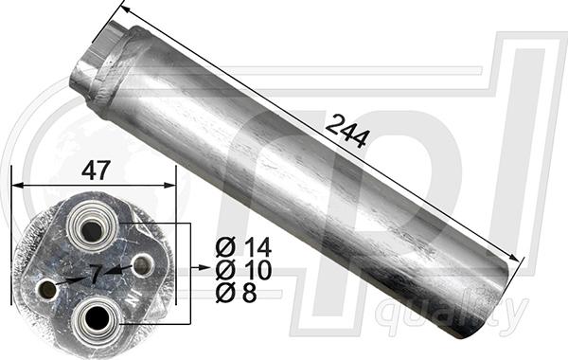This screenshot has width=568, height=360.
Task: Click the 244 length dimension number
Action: tap(347, 132)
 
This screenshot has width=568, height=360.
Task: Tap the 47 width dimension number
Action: tap(96, 171)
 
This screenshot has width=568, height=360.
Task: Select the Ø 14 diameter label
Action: tap(243, 247)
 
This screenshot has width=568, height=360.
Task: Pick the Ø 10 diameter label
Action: tap(243, 270)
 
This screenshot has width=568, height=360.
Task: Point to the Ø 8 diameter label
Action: tap(236, 293)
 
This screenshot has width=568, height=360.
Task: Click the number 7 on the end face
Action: tap(96, 274)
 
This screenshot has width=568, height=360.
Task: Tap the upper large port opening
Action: tap(92, 231)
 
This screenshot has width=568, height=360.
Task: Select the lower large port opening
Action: tap(97, 317)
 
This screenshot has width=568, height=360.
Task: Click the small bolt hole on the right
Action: tap(142, 266)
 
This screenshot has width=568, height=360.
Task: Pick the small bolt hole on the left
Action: tap(47, 289)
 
